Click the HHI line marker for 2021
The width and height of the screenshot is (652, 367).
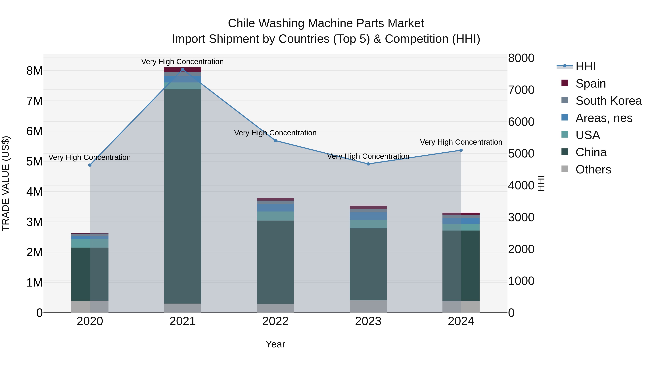183,69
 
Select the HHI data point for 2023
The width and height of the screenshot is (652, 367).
368,164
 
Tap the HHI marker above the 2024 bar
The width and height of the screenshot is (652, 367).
461,150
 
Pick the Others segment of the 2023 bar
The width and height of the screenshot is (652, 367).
368,306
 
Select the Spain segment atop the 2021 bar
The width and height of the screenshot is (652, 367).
183,70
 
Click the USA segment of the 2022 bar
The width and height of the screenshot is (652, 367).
275,216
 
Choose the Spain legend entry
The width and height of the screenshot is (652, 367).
590,83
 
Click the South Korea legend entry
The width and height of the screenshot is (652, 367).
608,101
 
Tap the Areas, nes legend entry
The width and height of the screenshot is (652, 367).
604,118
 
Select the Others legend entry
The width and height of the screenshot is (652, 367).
593,169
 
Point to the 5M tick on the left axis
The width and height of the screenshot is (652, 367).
34,161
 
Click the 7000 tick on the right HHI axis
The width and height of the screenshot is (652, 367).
521,90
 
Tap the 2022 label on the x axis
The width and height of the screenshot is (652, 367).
275,321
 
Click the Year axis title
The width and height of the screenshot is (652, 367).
275,344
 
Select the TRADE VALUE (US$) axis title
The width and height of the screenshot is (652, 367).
6,183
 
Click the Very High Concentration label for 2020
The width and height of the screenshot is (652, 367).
90,157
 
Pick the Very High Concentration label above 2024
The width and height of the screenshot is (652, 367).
461,142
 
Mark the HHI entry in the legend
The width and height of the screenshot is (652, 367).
585,66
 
